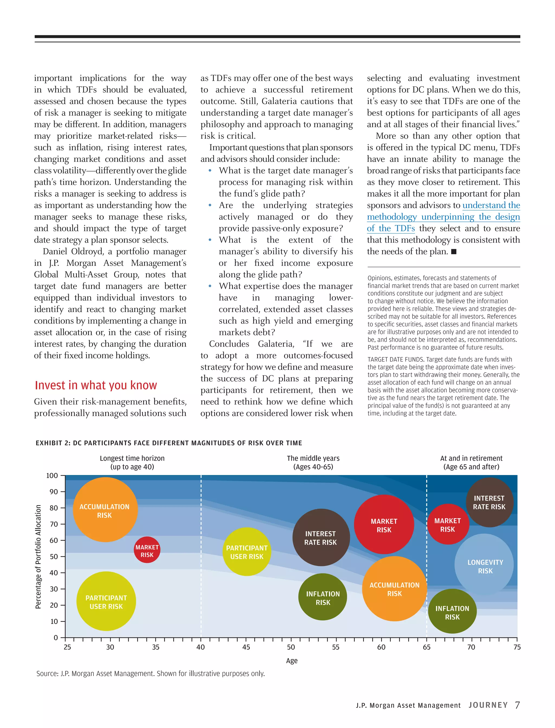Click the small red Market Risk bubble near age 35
pos(147,550)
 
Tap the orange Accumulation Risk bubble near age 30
pos(105,510)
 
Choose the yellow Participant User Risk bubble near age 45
pos(247,552)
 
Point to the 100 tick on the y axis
pos(52,475)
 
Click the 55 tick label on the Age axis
pos(336,647)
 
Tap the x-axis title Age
pos(292,661)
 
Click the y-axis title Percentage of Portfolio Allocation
pos(38,557)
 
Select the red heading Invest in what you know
pos(96,385)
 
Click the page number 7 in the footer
pos(517,705)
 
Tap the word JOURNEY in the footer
pos(488,705)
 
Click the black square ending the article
pos(454,252)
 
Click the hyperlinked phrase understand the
pos(491,205)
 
